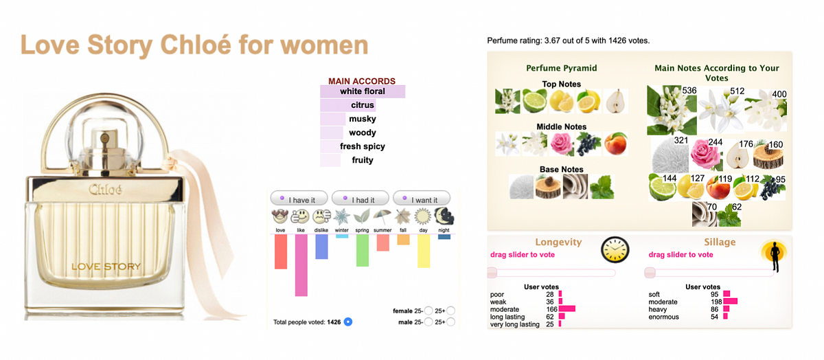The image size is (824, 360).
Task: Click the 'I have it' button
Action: click(299, 199)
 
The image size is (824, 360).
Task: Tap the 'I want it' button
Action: click(421, 199)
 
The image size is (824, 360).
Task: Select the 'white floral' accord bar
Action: click(363, 91)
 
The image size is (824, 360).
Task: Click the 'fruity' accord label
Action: click(363, 160)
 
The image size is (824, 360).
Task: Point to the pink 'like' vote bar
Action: click(301, 265)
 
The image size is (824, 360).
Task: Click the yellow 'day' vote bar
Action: click(424, 251)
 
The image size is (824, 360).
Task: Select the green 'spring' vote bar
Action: click(363, 250)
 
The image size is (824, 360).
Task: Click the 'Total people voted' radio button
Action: click(347, 322)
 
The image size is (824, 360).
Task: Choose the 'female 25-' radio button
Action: click(428, 311)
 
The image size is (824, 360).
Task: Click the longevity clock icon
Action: click(615, 249)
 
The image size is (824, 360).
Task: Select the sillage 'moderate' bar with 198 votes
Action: click(730, 302)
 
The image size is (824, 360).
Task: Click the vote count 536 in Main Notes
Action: click(689, 91)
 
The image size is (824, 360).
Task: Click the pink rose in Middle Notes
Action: click(562, 144)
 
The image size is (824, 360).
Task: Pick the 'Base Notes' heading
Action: click(561, 169)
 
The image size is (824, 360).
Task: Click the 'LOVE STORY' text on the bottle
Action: click(106, 267)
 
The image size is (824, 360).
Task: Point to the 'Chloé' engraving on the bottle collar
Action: click(105, 189)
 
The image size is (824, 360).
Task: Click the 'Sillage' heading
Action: click(720, 242)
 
